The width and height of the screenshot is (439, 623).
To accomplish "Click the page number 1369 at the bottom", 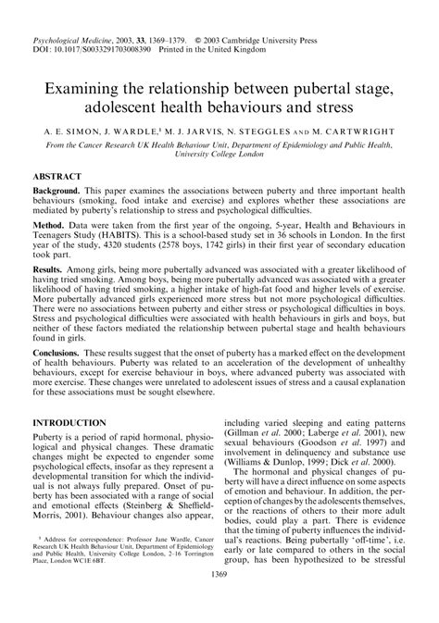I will [220, 602].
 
